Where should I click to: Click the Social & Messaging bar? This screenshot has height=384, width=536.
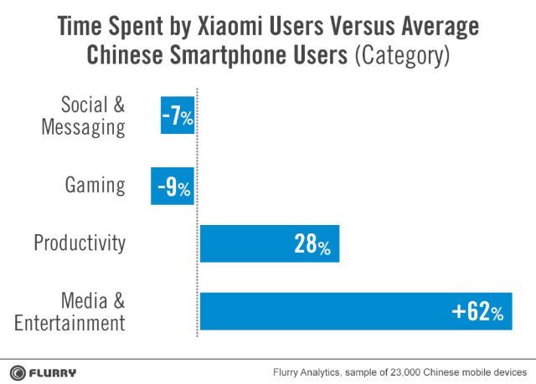178,115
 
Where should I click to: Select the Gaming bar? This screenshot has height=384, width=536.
173,185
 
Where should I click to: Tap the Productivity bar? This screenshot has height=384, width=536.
269,244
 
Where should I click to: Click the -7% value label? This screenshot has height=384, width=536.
178,117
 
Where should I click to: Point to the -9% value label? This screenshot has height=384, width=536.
173,187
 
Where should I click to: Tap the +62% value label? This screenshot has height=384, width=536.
477,313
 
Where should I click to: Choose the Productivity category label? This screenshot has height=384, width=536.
80,243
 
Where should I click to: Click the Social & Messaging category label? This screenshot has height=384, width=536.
93,116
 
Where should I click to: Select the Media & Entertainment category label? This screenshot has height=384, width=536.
80,311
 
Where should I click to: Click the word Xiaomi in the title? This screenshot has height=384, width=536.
249,27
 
